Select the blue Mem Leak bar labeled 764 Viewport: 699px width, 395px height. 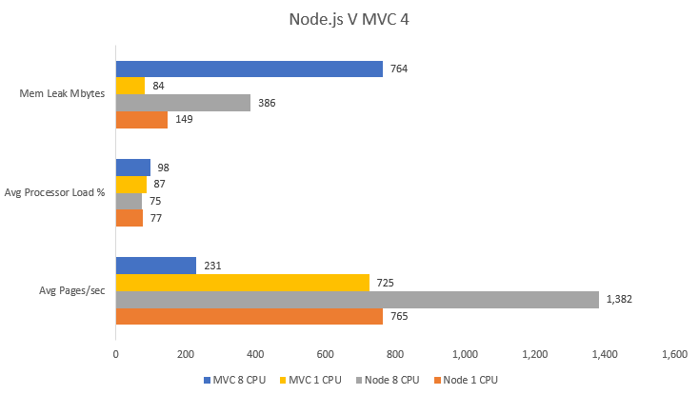click(249, 69)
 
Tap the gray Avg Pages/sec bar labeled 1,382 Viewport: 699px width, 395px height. click(357, 299)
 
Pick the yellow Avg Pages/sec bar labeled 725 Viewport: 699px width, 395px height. click(242, 282)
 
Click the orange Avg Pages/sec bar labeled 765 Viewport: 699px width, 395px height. click(249, 316)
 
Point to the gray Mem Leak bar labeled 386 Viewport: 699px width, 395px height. click(183, 103)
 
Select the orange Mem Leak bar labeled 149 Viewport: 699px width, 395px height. click(142, 120)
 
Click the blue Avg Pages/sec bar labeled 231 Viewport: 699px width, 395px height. click(156, 266)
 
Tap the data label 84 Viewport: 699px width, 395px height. click(160, 87)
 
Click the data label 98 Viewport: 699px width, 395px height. click(164, 168)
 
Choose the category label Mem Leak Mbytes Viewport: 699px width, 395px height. click(62, 94)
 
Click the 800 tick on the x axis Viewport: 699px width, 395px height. click(394, 354)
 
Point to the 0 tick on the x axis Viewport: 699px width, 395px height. click(116, 354)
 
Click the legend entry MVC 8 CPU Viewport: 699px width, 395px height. click(237, 380)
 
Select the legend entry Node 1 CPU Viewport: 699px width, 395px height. click(469, 380)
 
